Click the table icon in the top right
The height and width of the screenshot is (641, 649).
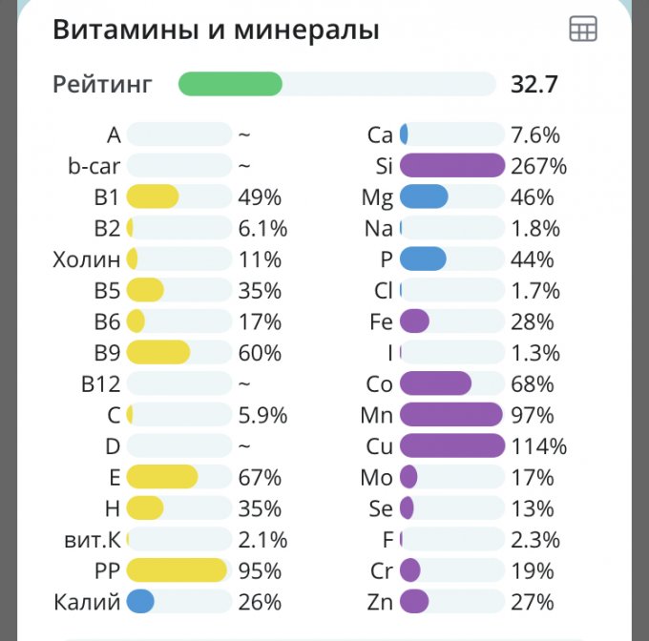pos(582,30)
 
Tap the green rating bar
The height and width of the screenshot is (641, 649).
pos(230,84)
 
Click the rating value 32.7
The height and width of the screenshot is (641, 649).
pos(534,84)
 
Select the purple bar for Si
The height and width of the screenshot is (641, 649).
pos(451,166)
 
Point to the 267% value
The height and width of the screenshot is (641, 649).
pos(538,166)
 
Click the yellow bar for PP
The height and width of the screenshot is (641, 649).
pos(177,570)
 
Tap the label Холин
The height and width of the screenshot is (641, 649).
pos(87,259)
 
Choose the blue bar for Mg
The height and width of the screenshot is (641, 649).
pos(424,197)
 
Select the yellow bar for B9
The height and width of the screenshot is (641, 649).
pos(158,353)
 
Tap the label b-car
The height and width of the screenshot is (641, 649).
pos(94,166)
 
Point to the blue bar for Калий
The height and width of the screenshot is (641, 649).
pos(140,602)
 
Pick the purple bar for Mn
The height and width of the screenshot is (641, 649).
pos(450,415)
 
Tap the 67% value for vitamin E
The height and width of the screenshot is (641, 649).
pos(260,477)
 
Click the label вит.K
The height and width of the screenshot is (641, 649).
pos(88,540)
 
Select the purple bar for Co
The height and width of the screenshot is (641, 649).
pos(435,383)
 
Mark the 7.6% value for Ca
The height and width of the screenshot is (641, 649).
pos(535,134)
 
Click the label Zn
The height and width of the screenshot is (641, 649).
pos(380,602)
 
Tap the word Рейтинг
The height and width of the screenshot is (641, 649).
pos(102,84)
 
